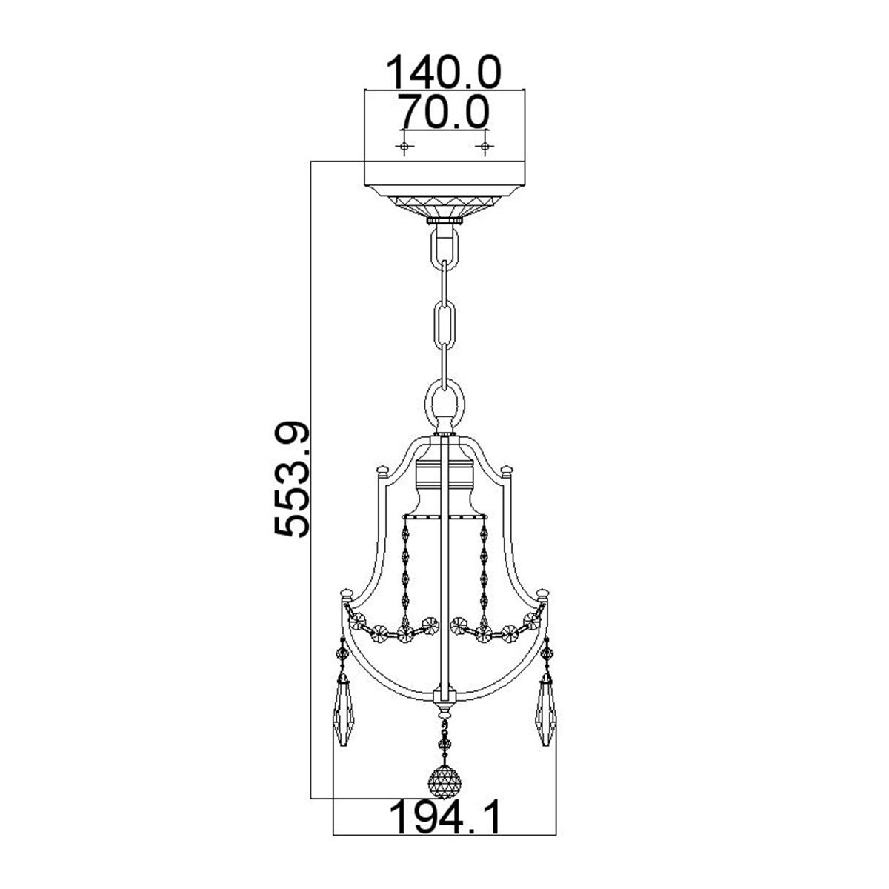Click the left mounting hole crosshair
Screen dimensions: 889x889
pyautogui.click(x=404, y=147)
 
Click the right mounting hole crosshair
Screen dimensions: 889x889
pyautogui.click(x=485, y=147)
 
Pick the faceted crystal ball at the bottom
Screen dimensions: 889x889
pyautogui.click(x=444, y=781)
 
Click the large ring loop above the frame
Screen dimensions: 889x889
pyautogui.click(x=444, y=404)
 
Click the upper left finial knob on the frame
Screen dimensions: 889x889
pyautogui.click(x=382, y=470)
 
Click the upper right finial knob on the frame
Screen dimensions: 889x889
pyautogui.click(x=507, y=470)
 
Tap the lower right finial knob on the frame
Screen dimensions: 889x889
pyautogui.click(x=545, y=593)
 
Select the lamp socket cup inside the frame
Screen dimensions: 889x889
pyautogui.click(x=444, y=485)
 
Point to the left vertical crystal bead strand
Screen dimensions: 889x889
pyautogui.click(x=406, y=570)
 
